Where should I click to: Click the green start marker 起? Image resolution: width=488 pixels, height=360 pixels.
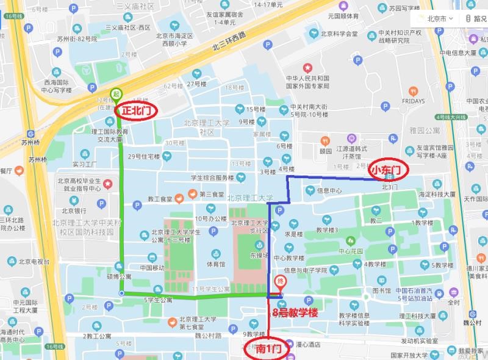[x=116, y=94]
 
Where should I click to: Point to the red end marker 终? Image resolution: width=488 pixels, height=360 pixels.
[x=281, y=283]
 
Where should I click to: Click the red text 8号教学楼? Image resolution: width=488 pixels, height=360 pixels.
[x=295, y=313]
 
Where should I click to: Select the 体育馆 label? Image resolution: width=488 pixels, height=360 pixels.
[x=215, y=264]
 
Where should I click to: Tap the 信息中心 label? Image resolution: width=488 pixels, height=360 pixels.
[x=329, y=190]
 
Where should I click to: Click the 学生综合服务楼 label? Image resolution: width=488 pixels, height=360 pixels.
[x=212, y=178]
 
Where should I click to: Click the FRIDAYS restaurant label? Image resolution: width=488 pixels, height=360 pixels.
[x=413, y=101]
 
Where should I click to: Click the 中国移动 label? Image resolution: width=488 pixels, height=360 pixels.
[x=152, y=267]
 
